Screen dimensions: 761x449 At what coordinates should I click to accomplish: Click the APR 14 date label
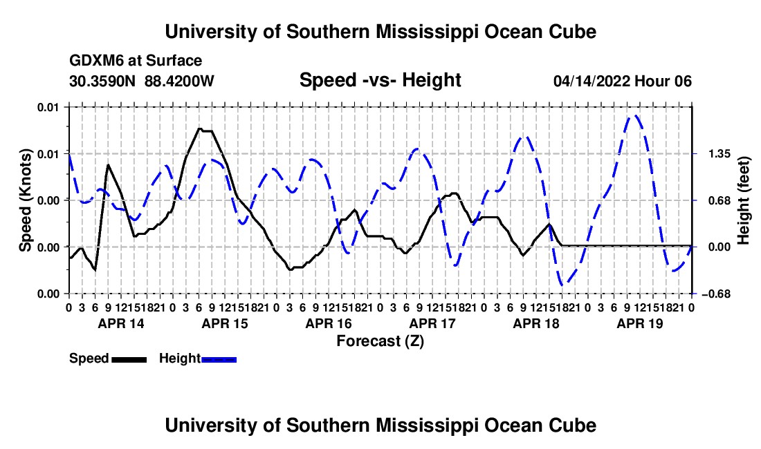coord(121,323)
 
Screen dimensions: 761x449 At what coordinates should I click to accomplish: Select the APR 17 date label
coord(432,323)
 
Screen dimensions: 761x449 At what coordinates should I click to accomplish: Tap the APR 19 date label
coord(640,323)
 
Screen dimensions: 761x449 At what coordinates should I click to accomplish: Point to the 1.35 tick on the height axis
coord(719,154)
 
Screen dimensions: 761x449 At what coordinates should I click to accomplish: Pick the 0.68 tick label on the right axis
coord(719,200)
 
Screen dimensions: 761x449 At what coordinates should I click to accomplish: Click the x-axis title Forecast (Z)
coord(380,341)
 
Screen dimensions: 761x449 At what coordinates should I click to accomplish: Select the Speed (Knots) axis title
coord(25,200)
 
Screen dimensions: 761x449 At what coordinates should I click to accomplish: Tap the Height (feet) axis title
coord(744,200)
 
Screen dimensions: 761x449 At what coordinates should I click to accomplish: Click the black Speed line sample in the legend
coord(129,359)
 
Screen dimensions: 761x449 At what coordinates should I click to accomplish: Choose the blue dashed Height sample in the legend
coord(219,359)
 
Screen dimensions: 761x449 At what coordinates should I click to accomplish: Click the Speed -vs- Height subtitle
coord(380,80)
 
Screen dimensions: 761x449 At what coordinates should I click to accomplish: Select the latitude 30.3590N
coord(102,81)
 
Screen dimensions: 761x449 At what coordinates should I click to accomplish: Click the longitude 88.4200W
coord(179,81)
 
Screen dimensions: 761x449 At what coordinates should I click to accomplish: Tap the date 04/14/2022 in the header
coord(592,81)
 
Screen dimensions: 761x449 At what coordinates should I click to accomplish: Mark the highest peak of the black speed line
coord(199,128)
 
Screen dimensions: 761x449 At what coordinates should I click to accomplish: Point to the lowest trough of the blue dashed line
coord(562,285)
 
